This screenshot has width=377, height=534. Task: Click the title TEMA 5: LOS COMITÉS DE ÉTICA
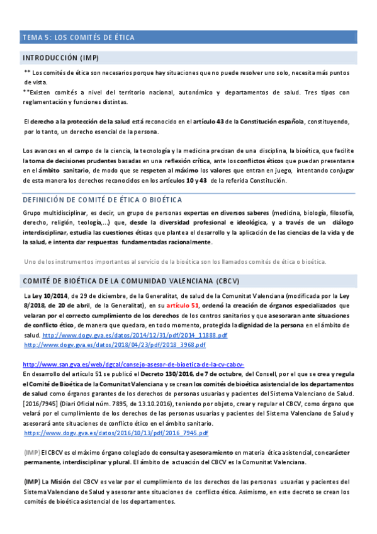pos(78,37)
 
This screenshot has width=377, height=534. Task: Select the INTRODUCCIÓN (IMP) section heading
pos(60,57)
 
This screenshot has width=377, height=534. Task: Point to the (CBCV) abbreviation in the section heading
pos(227,280)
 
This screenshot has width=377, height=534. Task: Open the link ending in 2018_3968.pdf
pos(123,345)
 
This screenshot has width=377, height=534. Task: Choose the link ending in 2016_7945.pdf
pos(115,433)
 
